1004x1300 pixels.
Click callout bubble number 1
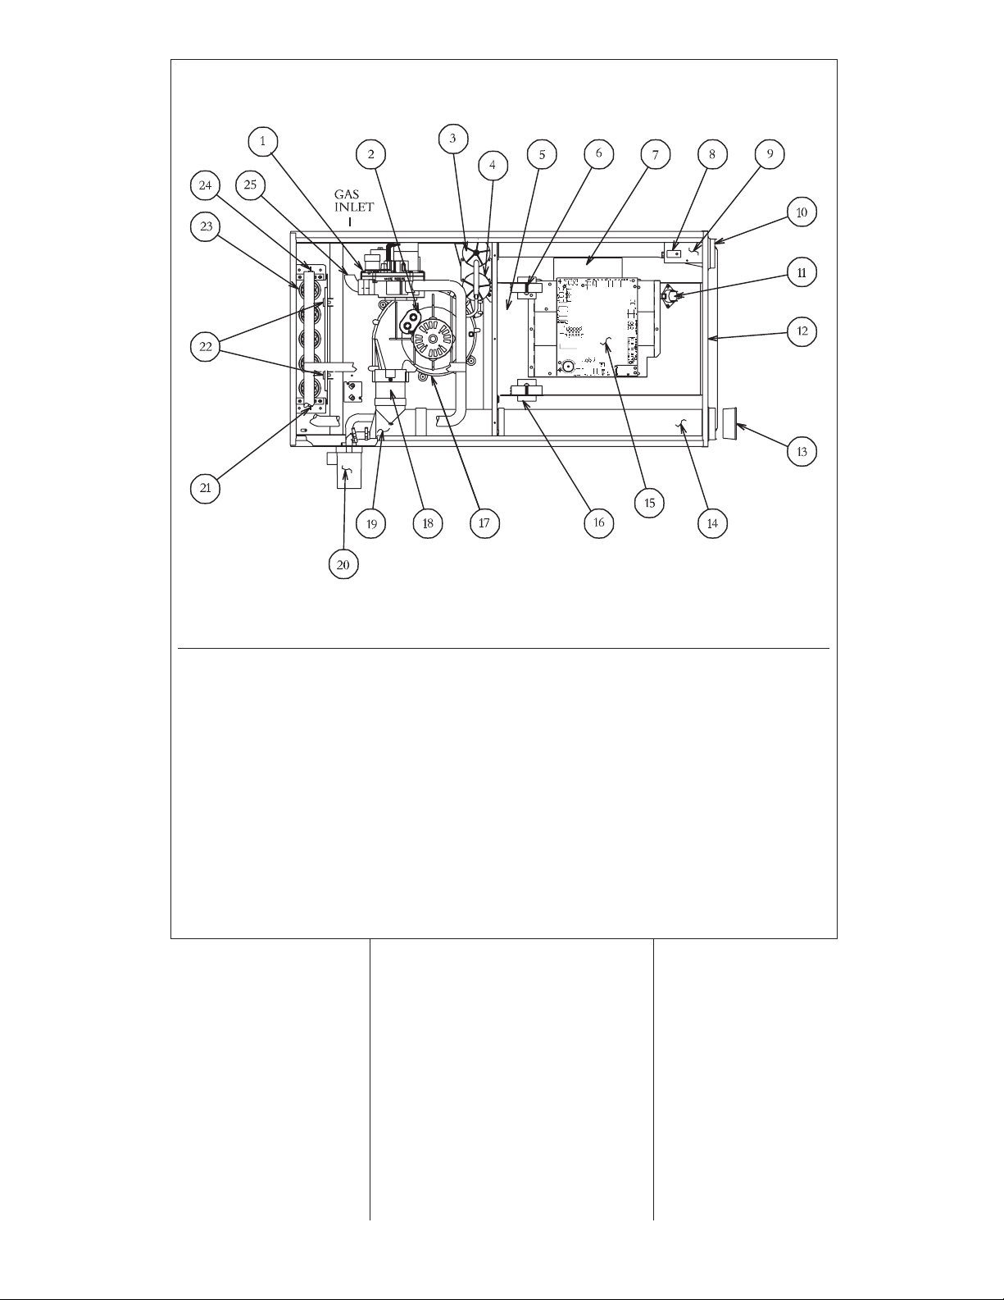click(263, 142)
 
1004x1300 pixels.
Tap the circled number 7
click(656, 155)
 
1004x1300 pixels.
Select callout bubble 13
click(802, 452)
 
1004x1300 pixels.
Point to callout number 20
click(343, 564)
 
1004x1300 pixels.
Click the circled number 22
click(206, 346)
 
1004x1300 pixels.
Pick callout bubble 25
click(251, 185)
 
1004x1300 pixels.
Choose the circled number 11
click(802, 273)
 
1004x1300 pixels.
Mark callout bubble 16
click(599, 523)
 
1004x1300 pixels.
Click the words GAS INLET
click(354, 201)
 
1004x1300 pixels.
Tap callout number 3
click(453, 139)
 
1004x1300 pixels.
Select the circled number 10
click(802, 212)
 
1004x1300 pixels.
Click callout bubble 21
click(206, 488)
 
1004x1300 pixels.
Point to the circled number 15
click(650, 503)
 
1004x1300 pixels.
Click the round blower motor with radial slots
click(431, 340)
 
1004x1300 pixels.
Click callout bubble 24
click(206, 185)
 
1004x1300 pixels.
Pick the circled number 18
click(428, 523)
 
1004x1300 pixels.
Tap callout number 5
click(542, 155)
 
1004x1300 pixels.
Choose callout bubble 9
click(770, 154)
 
